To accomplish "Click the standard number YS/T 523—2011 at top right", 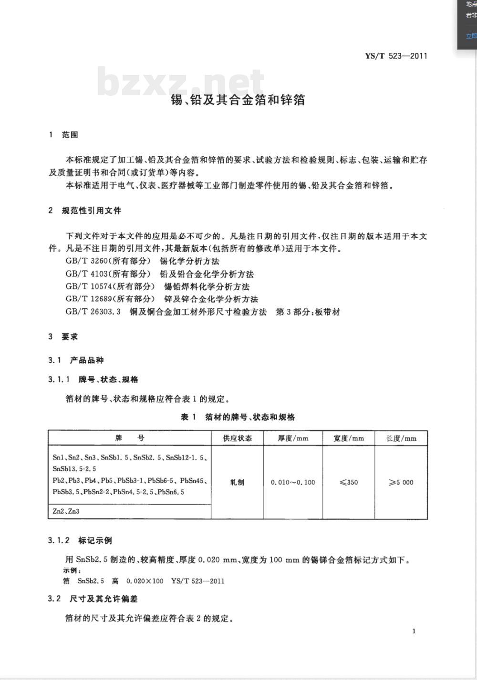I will (x=396, y=56).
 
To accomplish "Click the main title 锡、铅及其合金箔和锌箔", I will (x=238, y=100).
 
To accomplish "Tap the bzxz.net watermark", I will (x=180, y=81).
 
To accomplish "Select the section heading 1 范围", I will (x=63, y=135).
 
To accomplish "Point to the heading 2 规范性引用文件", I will (x=85, y=211).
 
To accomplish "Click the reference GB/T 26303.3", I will (x=93, y=312).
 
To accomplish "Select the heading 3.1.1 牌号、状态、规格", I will (x=93, y=380).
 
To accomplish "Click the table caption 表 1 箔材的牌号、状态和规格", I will (x=238, y=417).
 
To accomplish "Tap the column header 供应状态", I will (x=237, y=438).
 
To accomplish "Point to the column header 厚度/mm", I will (x=293, y=438).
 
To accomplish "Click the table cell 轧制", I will (x=237, y=482).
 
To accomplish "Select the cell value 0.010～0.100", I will (x=293, y=482).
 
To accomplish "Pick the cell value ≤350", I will (x=349, y=482).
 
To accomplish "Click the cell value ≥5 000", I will (x=401, y=482).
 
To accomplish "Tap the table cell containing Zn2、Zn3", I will (x=66, y=511).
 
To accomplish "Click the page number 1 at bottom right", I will (x=414, y=631).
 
